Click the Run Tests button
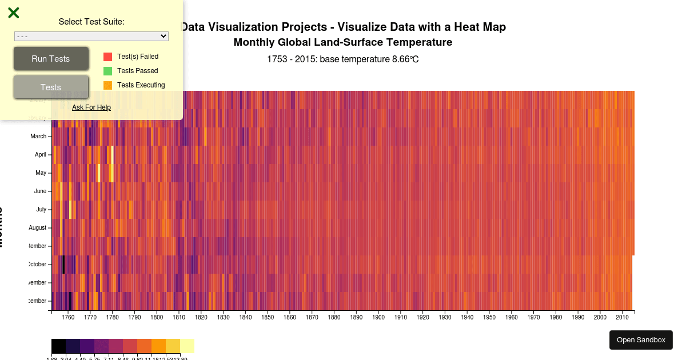point(51,59)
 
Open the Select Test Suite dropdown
point(91,36)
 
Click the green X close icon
point(14,13)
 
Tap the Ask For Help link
point(91,107)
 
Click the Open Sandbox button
point(641,340)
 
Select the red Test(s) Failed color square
point(107,57)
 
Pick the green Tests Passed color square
point(107,71)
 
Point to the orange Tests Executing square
point(107,85)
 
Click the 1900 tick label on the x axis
point(378,317)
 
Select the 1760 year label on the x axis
point(68,317)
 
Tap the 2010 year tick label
point(622,317)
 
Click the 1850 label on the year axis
point(268,317)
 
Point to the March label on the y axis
point(38,136)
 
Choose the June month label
point(40,191)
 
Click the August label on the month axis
point(38,227)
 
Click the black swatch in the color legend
point(58,346)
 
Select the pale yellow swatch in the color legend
point(187,346)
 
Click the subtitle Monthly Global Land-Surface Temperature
point(343,42)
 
